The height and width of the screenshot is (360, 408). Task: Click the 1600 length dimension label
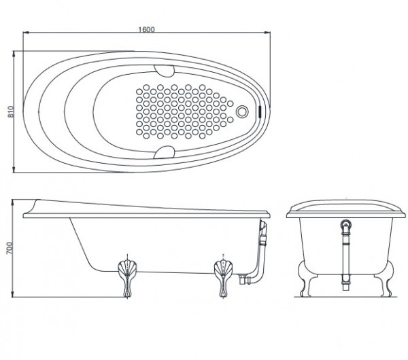(146, 29)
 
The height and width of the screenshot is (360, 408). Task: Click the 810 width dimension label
(11, 111)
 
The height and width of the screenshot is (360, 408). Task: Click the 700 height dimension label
(10, 248)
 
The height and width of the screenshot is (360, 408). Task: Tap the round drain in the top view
(242, 111)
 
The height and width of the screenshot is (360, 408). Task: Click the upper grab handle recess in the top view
(164, 71)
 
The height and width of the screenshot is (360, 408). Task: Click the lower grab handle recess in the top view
(164, 152)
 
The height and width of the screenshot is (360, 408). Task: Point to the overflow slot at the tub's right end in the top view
(260, 111)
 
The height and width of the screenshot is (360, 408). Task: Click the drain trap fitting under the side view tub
(243, 279)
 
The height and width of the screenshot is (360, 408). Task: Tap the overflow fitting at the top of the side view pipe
(263, 226)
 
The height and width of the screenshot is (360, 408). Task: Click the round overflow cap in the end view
(346, 224)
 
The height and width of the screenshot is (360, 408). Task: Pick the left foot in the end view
(305, 278)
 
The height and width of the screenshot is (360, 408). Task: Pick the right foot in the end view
(386, 278)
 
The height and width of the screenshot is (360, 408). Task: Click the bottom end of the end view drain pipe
(346, 290)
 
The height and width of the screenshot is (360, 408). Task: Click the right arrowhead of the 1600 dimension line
(269, 33)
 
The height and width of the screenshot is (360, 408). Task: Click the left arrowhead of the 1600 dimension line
(24, 33)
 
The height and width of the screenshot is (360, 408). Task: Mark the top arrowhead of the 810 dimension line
(14, 52)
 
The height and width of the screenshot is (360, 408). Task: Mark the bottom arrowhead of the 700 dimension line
(12, 295)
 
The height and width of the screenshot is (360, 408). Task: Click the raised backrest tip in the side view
(37, 200)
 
